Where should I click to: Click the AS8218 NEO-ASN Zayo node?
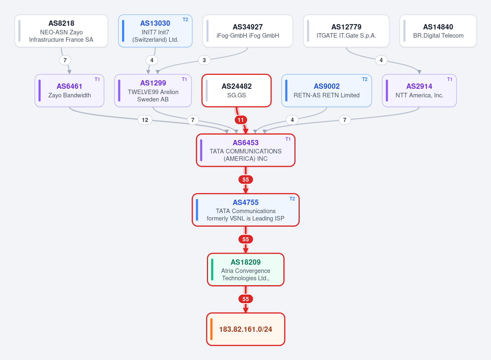61,31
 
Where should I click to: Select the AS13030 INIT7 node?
155,31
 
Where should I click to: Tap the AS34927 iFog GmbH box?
248,31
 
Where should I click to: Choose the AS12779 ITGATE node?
346,31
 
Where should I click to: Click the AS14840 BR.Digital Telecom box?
438,31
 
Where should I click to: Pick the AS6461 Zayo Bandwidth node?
70,91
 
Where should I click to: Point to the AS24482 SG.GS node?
237,91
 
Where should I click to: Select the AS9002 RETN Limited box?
327,91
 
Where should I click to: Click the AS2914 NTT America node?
419,91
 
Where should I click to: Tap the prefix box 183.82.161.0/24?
246,329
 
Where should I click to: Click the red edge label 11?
240,120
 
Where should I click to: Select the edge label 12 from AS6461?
145,120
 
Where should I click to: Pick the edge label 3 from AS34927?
204,60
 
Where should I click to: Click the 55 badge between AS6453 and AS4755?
246,180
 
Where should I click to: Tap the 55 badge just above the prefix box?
246,299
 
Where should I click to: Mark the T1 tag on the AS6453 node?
288,139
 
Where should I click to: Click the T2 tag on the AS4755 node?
292,199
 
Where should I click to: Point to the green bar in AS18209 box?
212,270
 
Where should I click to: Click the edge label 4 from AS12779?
381,60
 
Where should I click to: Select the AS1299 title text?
153,83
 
